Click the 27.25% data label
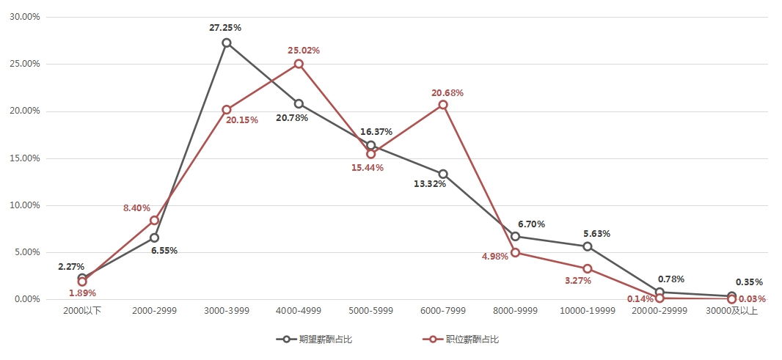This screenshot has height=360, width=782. click(225, 28)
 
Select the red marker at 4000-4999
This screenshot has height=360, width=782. click(299, 64)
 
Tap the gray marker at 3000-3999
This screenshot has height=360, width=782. click(227, 43)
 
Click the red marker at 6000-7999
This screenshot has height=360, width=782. click(443, 105)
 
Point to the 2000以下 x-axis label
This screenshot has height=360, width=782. click(82, 311)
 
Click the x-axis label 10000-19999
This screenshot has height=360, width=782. click(587, 311)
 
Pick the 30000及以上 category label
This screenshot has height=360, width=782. click(731, 311)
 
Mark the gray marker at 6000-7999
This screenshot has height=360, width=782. click(443, 174)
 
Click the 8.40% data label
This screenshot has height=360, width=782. click(136, 208)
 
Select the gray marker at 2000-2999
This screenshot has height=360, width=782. click(154, 238)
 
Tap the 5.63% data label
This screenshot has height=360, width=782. click(596, 234)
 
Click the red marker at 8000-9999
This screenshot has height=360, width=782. click(515, 252)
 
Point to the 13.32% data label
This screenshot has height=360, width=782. click(430, 184)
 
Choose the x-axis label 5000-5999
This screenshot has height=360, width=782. click(370, 311)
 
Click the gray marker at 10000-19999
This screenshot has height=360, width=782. click(587, 246)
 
